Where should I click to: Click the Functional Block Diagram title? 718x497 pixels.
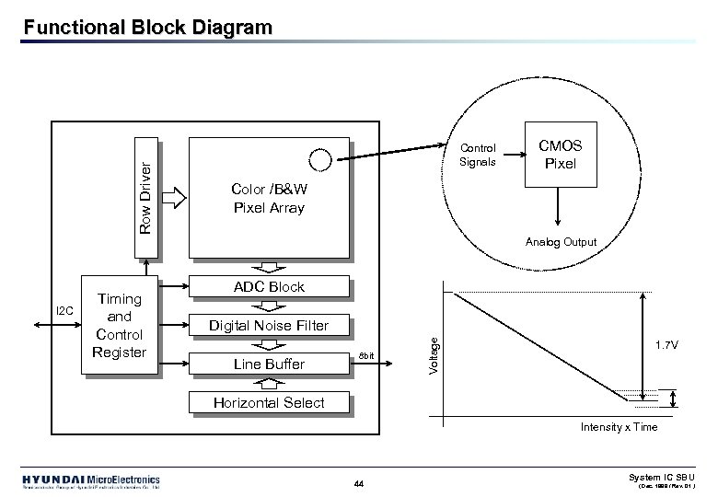[x=148, y=28]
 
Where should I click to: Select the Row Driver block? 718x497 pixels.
[x=145, y=198]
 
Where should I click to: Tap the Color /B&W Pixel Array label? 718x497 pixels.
[x=269, y=199]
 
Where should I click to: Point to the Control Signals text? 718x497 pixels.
[x=478, y=155]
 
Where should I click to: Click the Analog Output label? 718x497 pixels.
[x=561, y=242]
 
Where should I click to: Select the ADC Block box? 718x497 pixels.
[x=269, y=286]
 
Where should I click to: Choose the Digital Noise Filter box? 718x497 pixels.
[x=269, y=325]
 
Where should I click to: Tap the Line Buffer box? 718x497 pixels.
[x=269, y=364]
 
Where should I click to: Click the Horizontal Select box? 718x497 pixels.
[x=269, y=402]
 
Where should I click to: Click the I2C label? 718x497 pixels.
[x=66, y=310]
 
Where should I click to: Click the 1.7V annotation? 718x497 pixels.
[x=668, y=345]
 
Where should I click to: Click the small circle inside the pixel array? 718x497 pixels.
[x=319, y=159]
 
